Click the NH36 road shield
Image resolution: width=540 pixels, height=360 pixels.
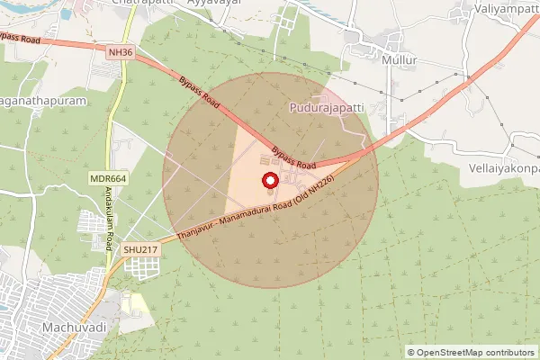pyautogui.click(x=120, y=53)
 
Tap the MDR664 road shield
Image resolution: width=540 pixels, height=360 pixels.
pyautogui.click(x=108, y=179)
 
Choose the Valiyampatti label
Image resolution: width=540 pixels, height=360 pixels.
pyautogui.click(x=505, y=11)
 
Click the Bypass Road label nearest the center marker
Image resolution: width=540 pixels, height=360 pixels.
pyautogui.click(x=293, y=159)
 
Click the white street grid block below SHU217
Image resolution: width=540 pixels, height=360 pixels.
pyautogui.click(x=141, y=267)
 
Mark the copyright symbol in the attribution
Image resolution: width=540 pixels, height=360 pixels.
pyautogui.click(x=411, y=352)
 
